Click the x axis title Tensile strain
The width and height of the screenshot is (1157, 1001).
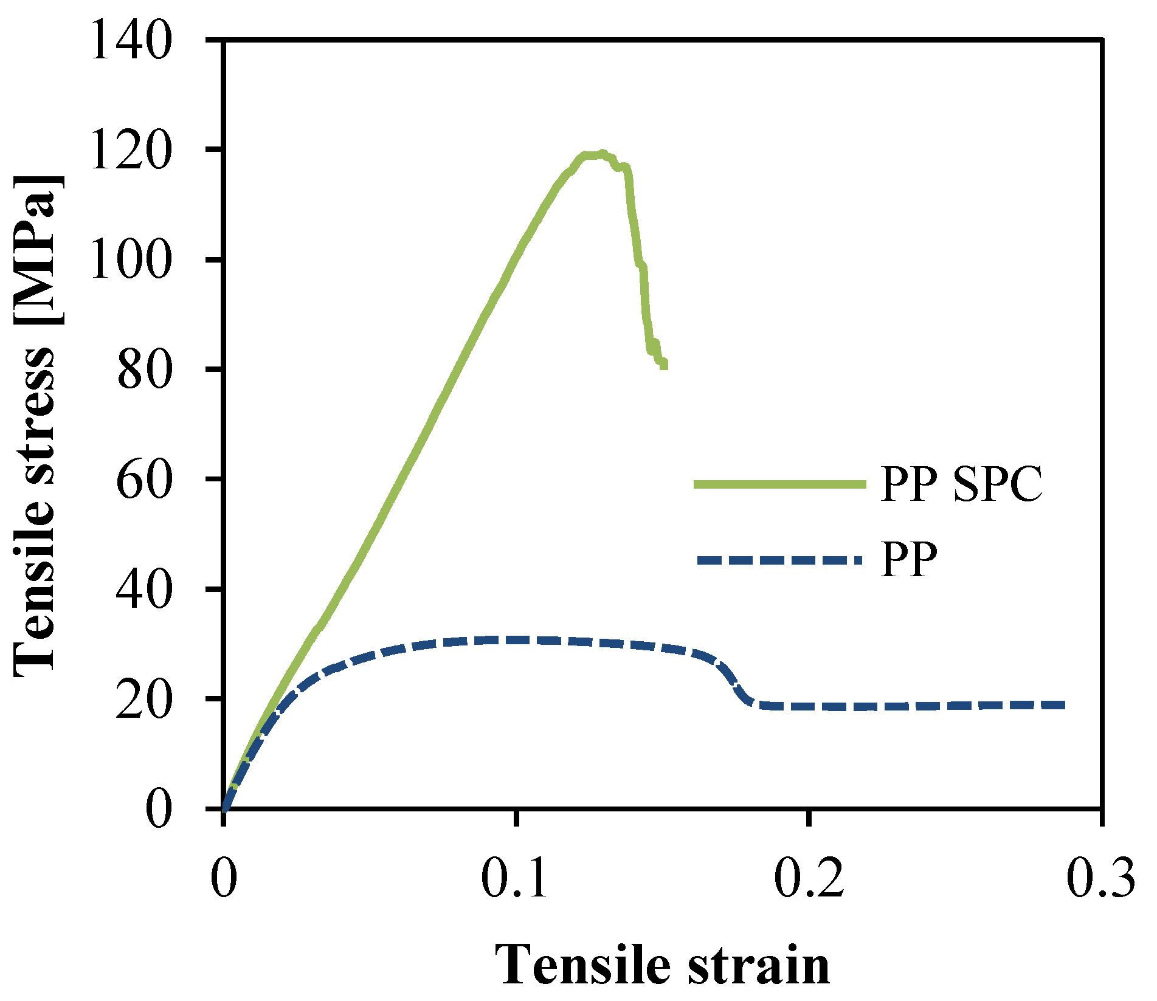click(x=662, y=966)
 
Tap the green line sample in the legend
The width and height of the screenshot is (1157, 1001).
click(x=779, y=484)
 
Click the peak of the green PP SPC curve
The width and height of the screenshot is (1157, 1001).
click(x=601, y=154)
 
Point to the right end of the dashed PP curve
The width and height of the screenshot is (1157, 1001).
click(x=1063, y=705)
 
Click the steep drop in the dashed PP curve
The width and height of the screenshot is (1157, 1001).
click(x=734, y=684)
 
